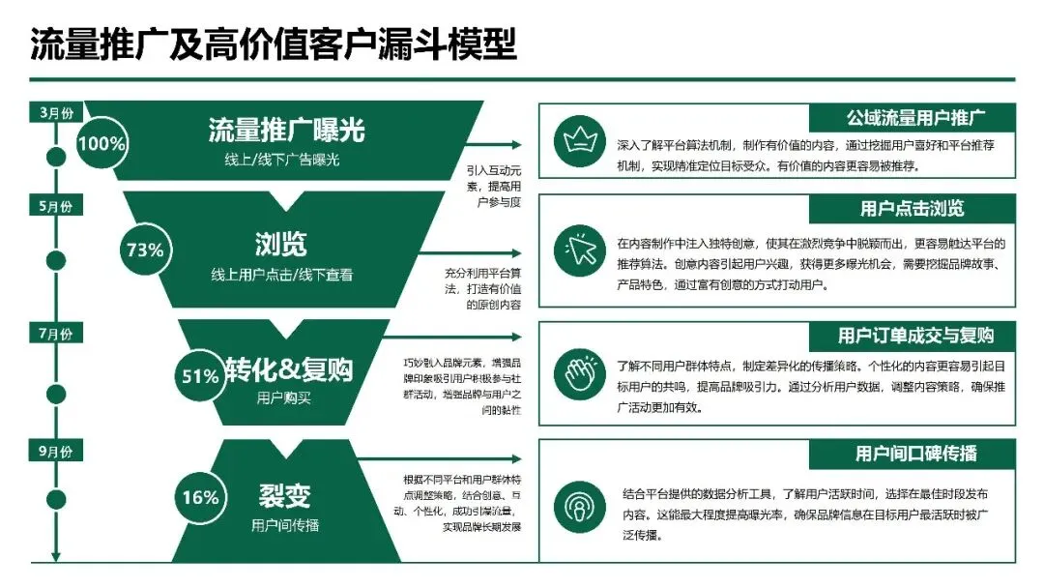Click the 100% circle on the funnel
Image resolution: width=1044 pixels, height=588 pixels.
click(102, 144)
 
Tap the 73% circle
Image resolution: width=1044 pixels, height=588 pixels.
click(145, 250)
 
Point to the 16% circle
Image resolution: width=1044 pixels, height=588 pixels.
click(200, 497)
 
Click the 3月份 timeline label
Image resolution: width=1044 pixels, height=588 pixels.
click(55, 111)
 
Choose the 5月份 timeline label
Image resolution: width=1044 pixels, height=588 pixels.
click(55, 207)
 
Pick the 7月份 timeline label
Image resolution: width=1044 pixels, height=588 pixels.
click(55, 335)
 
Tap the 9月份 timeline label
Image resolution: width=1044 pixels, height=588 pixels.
click(55, 452)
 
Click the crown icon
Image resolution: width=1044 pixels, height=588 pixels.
click(578, 141)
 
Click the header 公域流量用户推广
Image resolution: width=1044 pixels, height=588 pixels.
click(913, 118)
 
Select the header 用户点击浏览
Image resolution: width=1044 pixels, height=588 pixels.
click(913, 208)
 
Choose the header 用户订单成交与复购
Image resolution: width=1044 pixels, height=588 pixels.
click(913, 336)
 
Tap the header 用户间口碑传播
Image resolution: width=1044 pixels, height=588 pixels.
click(913, 453)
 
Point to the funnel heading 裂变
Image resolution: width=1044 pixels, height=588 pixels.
click(284, 496)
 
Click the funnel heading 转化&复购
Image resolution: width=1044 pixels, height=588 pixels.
click(289, 369)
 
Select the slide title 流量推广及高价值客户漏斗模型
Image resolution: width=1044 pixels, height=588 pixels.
click(275, 44)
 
